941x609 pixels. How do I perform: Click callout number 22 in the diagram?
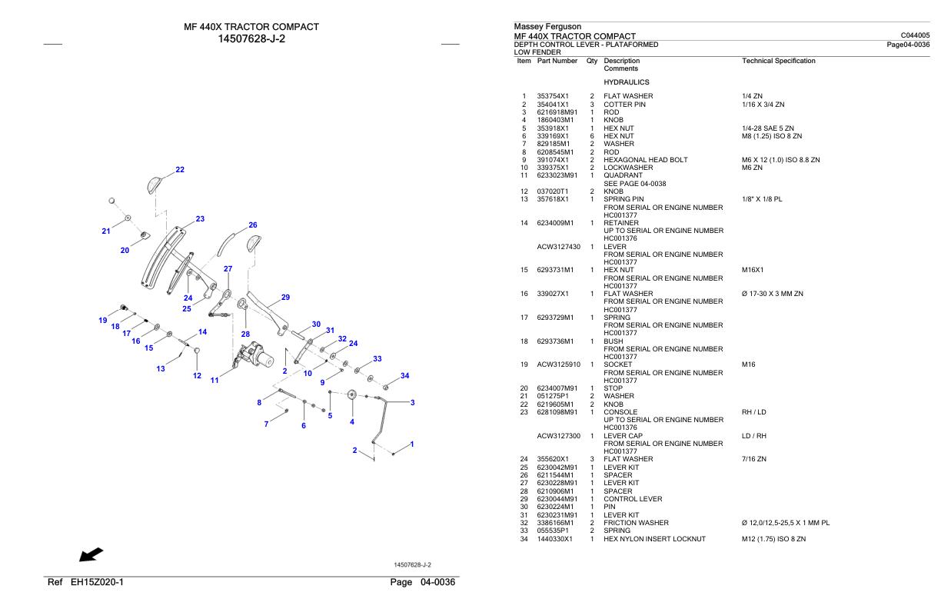pos(180,170)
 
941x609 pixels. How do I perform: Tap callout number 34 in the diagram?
pos(404,376)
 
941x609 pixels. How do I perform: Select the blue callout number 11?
pos(214,381)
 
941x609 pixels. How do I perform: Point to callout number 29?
pos(285,298)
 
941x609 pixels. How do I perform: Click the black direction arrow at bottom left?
pos(91,554)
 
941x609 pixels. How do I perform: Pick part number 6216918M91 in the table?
pos(557,112)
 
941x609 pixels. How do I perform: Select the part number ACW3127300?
pos(558,436)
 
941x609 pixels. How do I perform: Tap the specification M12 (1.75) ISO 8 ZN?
pos(773,539)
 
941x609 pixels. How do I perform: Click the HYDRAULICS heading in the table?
pos(627,82)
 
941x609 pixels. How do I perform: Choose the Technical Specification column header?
pos(779,61)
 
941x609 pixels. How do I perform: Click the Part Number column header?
pos(557,61)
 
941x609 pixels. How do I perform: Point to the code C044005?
pos(915,35)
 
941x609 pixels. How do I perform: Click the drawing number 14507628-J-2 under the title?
pos(251,39)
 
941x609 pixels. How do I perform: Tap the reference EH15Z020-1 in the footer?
pos(97,583)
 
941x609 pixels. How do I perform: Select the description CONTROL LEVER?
pos(633,499)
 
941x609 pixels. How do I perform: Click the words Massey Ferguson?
pos(547,26)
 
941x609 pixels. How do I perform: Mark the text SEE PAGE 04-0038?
pos(635,184)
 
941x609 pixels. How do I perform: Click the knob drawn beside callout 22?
pos(155,185)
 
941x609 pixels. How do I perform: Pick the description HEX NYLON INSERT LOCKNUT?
pos(654,539)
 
